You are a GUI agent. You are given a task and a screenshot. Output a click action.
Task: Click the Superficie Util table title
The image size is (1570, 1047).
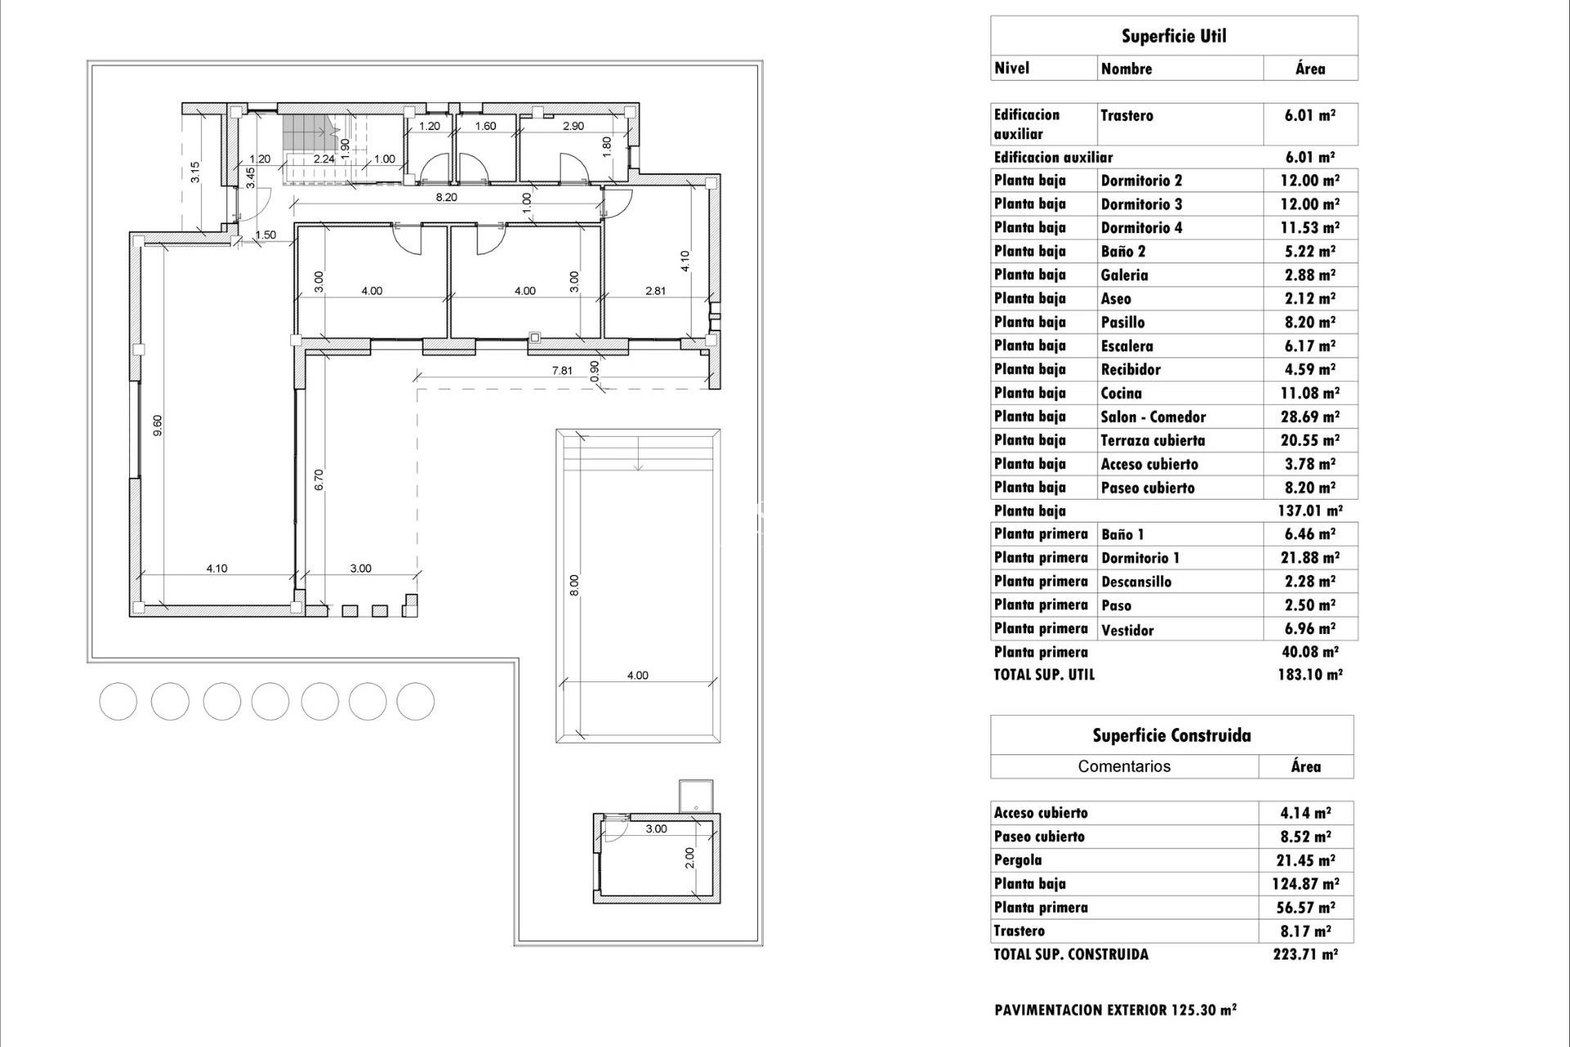1173,36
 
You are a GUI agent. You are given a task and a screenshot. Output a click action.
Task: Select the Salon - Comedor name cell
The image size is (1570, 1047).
1153,417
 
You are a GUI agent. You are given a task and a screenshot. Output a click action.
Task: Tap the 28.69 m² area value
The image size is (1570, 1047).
1309,417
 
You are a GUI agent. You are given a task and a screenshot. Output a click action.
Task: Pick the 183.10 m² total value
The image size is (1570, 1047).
1309,675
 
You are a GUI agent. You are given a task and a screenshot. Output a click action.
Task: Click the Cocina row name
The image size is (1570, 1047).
1121,393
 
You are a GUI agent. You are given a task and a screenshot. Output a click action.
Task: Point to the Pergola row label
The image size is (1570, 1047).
1018,860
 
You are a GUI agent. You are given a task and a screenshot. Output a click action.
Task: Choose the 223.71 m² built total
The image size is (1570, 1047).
1305,954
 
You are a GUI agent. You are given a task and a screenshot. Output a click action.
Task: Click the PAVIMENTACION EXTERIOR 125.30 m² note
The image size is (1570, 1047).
1115,1010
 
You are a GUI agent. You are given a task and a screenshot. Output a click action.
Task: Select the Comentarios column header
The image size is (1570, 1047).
1124,766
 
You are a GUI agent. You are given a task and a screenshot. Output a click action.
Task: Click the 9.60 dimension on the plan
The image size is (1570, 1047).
158,425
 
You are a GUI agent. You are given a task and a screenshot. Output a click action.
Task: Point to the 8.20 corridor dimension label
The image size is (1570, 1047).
446,197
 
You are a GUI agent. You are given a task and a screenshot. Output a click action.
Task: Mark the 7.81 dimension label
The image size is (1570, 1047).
562,371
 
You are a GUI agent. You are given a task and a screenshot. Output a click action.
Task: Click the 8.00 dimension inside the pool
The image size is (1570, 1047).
574,585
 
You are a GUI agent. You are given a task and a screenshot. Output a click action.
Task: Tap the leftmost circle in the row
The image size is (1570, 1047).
118,702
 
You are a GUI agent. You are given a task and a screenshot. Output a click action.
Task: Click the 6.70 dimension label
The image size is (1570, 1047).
319,479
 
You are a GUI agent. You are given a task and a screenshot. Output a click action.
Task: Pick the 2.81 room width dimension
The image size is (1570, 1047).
656,290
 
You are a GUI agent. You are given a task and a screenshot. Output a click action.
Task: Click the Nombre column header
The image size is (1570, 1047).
1127,69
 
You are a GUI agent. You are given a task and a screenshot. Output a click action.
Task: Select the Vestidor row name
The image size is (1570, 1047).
1127,630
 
